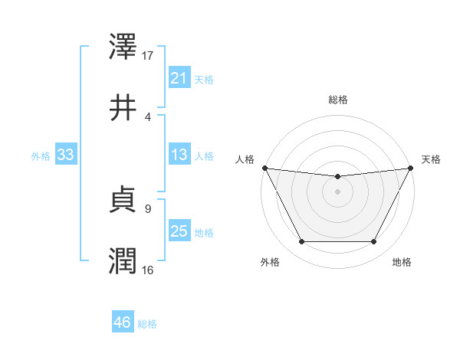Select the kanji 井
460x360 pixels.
click(123, 108)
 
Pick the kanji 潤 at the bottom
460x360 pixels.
click(123, 261)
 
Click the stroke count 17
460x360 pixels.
click(148, 56)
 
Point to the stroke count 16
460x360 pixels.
click(148, 270)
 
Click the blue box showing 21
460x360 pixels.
click(179, 78)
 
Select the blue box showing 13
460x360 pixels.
click(179, 155)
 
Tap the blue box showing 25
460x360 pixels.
click(179, 231)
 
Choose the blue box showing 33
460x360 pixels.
click(65, 155)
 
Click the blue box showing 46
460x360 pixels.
click(122, 322)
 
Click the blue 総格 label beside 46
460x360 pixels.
click(147, 324)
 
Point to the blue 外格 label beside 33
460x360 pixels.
click(41, 155)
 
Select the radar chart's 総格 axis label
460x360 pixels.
click(338, 100)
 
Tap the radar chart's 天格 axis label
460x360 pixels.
click(432, 159)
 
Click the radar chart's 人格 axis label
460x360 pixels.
click(245, 159)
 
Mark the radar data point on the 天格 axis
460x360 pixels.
click(411, 168)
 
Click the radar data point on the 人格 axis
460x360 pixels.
click(264, 168)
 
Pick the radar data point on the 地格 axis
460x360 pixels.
click(374, 242)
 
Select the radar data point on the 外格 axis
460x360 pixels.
click(301, 242)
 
